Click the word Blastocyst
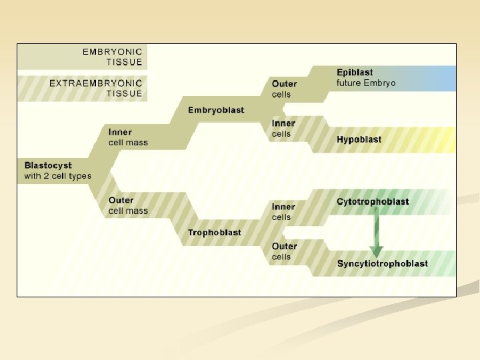point(48,165)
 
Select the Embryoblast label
point(216,110)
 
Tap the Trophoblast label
point(215,233)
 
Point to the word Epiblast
point(355,73)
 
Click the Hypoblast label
point(359,140)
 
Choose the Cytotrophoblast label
point(373,202)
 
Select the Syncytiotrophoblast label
point(383,264)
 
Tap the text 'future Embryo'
point(366,83)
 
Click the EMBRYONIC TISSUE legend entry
point(112,57)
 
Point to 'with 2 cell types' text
point(57,176)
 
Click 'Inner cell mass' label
point(128,137)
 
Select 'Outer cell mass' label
point(128,205)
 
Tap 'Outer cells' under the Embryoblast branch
point(284,89)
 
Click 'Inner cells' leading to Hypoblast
point(283,129)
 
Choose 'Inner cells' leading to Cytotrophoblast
point(283,212)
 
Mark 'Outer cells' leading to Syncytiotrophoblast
point(284,251)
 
